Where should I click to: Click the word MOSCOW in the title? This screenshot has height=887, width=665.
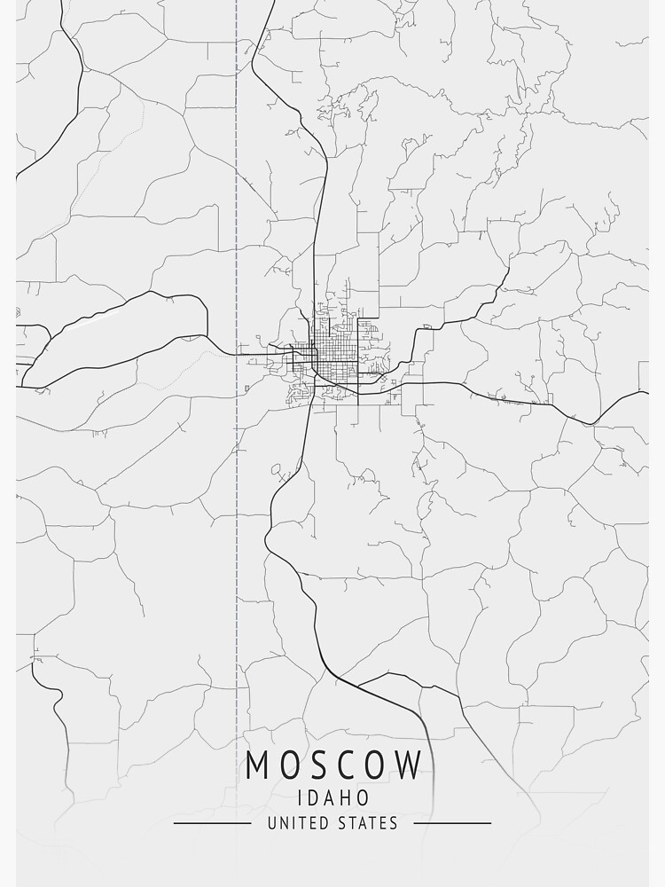(333, 765)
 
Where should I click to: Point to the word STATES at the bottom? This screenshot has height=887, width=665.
(366, 823)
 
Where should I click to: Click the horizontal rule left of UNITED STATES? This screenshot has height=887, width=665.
(212, 823)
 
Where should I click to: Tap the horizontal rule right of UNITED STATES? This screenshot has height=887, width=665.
(452, 823)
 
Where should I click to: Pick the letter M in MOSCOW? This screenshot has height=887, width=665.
(257, 765)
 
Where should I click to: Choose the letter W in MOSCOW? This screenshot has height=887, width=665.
(409, 765)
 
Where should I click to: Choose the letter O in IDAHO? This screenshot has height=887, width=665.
(362, 797)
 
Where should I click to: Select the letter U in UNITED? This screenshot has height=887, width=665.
(271, 823)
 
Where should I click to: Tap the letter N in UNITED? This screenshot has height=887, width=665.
(283, 823)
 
